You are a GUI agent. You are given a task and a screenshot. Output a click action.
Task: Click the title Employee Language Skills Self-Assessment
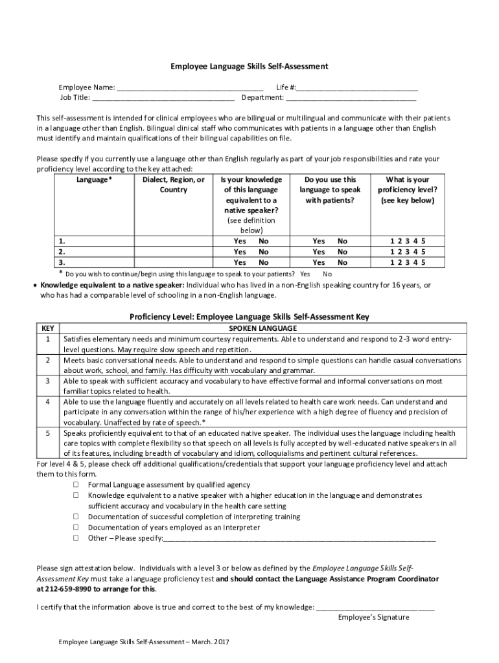tap(249, 66)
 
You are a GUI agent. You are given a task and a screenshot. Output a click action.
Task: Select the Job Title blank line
tap(163, 98)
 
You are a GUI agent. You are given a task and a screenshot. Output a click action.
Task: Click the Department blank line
tap(351, 98)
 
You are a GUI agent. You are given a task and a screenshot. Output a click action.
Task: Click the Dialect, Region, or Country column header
tap(174, 185)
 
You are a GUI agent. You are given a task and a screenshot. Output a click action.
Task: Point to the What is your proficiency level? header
tap(407, 190)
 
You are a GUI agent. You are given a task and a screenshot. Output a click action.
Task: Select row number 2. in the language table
tap(62, 251)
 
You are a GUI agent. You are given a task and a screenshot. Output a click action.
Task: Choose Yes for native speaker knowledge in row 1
tap(240, 241)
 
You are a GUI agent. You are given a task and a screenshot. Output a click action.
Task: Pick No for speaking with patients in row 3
tap(342, 262)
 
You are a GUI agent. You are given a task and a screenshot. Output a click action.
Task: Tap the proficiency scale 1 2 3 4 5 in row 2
tap(407, 251)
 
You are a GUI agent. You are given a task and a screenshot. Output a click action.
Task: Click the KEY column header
tap(48, 329)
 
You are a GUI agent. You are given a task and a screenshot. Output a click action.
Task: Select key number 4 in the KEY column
tap(48, 402)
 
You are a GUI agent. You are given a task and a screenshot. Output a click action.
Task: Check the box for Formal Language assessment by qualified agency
tap(76, 485)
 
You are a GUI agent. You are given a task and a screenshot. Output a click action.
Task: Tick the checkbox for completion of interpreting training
tap(76, 517)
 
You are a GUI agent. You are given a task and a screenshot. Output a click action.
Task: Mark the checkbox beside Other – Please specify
tap(76, 537)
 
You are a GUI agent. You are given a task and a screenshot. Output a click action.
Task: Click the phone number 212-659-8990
tap(67, 589)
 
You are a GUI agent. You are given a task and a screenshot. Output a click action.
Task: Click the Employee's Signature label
tap(373, 617)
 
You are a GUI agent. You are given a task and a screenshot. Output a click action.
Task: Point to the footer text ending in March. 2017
tap(144, 642)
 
